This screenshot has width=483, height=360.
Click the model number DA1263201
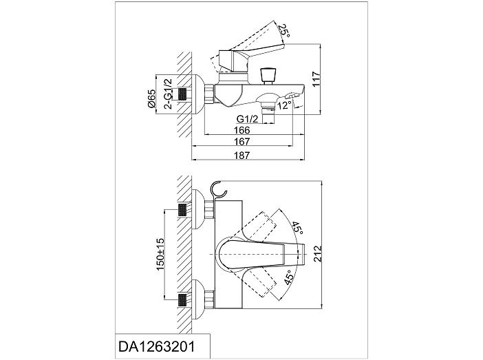coord(156,347)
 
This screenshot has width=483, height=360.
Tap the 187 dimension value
coord(241,155)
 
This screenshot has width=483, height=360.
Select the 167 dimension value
coord(241,142)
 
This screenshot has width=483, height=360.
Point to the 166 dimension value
coord(241,130)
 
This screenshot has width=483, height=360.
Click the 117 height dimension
coord(316,80)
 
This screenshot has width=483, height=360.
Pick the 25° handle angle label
coord(284,31)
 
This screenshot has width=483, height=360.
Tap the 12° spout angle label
coord(283,106)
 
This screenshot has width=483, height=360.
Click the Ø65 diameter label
coord(151,98)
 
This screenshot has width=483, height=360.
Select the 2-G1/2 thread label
coord(168,94)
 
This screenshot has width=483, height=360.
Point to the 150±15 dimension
coord(160,254)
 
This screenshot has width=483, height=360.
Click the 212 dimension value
coord(318,254)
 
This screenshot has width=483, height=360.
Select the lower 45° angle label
coord(288,277)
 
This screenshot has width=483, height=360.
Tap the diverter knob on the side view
coord(267,76)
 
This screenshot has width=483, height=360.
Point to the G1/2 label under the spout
coord(247,118)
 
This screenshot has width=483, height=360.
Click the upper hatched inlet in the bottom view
coord(182,209)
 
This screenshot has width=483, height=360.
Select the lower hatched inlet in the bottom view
coord(182,299)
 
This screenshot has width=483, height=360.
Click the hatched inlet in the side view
coord(182,94)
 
